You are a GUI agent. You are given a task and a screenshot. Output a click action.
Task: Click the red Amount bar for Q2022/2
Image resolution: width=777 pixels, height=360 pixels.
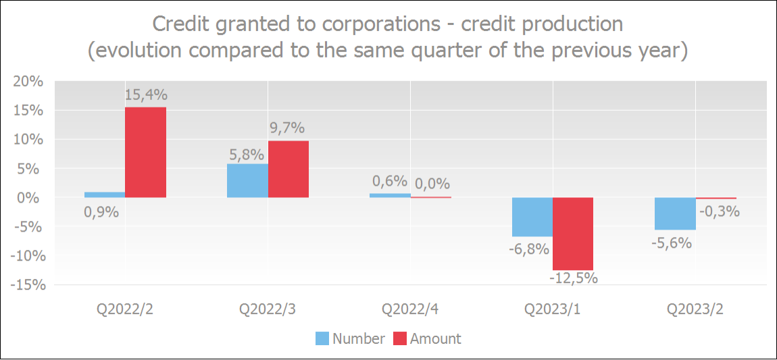[145, 152]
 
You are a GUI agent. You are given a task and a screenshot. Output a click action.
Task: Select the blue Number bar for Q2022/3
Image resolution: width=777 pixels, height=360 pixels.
[247, 180]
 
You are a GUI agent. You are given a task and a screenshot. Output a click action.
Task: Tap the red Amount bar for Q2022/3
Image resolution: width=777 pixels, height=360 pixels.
[289, 169]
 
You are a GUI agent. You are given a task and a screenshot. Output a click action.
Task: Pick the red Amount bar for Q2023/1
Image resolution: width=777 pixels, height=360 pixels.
[573, 234]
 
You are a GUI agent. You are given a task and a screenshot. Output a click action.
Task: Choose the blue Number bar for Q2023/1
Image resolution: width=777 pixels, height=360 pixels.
[532, 217]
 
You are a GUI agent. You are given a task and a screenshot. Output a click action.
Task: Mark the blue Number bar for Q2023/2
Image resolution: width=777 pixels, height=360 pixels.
[675, 213]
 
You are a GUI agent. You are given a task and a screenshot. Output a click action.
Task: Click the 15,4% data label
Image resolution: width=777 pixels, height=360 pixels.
[145, 96]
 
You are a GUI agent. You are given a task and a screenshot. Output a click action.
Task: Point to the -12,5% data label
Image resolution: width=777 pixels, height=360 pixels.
[573, 278]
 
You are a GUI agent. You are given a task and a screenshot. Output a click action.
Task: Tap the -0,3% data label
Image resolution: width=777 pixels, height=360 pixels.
[718, 211]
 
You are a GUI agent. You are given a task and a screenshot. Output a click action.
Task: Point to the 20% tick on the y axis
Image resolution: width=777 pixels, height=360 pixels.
[30, 82]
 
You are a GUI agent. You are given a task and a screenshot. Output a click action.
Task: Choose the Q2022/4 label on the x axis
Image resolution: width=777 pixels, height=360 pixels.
[410, 309]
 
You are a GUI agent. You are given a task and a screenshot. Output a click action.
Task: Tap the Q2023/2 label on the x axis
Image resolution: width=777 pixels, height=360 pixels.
[695, 309]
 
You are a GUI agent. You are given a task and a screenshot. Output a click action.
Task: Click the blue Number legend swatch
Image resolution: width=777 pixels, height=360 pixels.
[322, 338]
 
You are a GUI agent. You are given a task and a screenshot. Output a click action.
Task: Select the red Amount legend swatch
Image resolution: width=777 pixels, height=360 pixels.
[400, 338]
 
